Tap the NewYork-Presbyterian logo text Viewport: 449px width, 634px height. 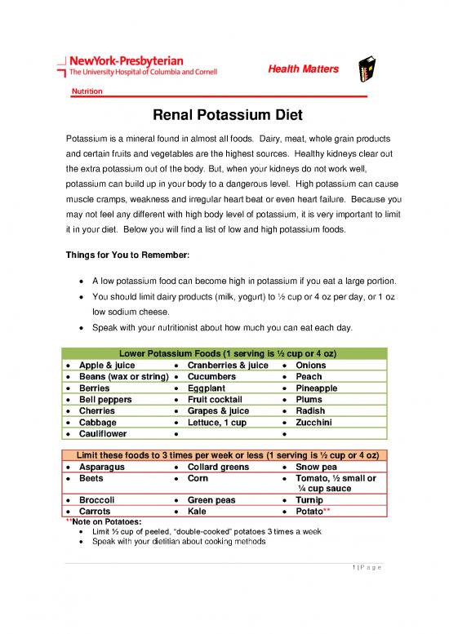tap(131, 62)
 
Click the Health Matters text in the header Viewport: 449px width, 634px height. tap(303, 69)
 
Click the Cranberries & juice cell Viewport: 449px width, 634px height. tap(228, 366)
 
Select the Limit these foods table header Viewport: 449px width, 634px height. tap(224, 455)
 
